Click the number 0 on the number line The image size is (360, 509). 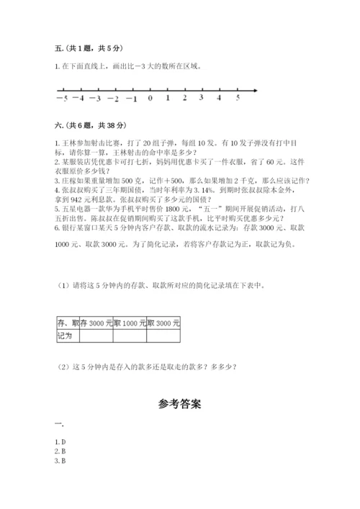point(149,98)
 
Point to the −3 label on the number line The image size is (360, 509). point(96,98)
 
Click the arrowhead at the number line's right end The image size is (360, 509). point(256,89)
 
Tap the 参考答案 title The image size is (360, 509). point(179,404)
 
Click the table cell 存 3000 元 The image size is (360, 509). point(96,323)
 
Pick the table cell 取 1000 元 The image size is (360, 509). point(130,323)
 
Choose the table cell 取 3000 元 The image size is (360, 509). point(163,323)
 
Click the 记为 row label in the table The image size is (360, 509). point(66,335)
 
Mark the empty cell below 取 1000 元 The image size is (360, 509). point(130,335)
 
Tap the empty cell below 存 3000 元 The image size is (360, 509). point(96,335)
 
